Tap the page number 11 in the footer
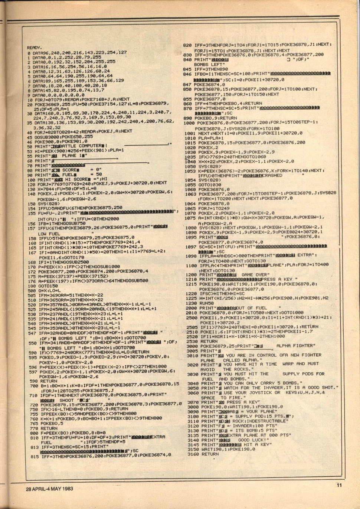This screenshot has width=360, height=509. point(338,484)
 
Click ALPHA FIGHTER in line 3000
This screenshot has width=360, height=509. point(295,346)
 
